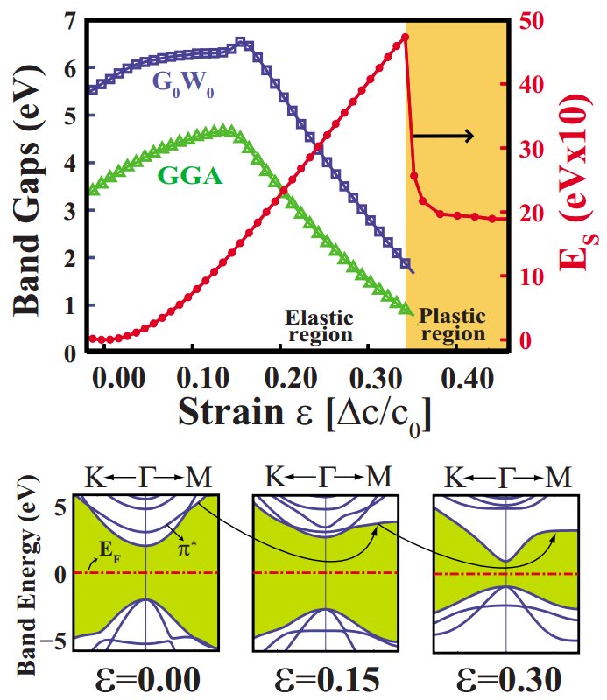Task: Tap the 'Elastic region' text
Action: (x=320, y=325)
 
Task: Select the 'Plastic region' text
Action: (x=452, y=325)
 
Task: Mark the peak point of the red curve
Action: (x=406, y=38)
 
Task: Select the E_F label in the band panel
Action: (x=106, y=553)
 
